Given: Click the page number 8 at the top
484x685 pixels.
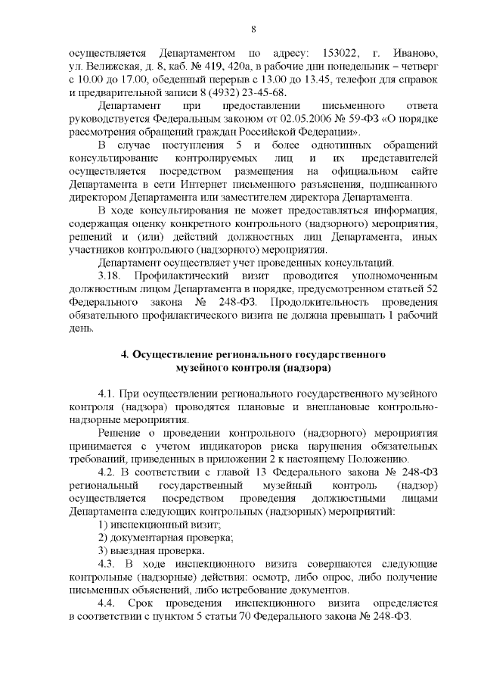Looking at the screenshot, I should click(253, 29).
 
